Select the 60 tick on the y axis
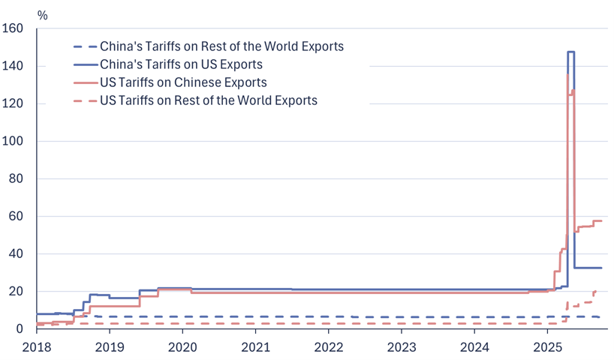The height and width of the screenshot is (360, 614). [17, 217]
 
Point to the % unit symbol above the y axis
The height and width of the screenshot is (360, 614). [42, 14]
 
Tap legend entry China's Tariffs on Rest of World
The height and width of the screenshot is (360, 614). [221, 46]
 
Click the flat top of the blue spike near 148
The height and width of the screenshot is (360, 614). [571, 52]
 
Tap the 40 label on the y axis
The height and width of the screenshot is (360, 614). [17, 254]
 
